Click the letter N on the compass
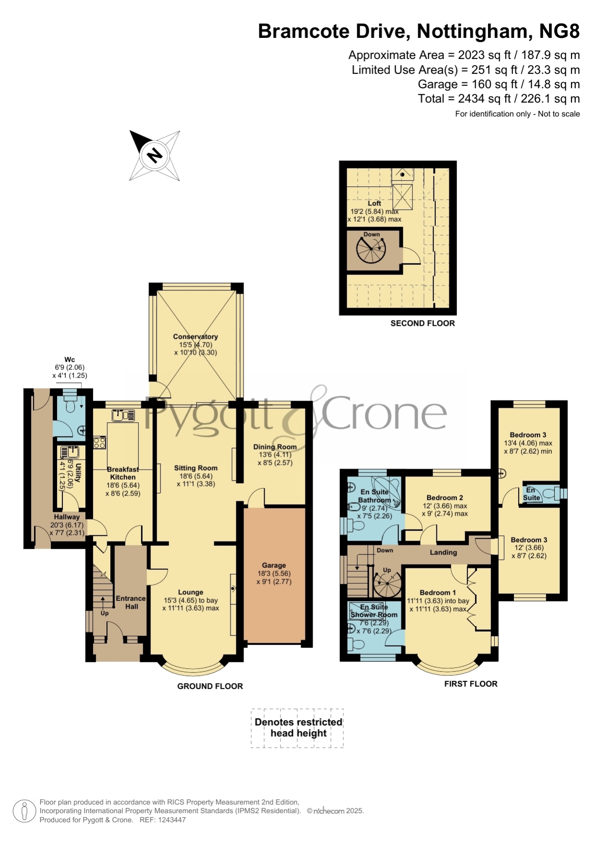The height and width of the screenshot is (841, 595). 154,155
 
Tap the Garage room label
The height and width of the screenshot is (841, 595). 274,565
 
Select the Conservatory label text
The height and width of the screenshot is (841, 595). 195,336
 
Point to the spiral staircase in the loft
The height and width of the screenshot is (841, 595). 371,250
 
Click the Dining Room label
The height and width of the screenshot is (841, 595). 275,447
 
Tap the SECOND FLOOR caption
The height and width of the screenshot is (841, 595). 422,323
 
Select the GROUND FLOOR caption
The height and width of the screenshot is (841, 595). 210,686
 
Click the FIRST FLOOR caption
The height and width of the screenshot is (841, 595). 470,683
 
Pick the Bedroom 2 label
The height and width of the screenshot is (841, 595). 444,497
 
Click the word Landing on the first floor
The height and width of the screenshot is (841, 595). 443,552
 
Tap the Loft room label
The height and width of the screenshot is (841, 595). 374,203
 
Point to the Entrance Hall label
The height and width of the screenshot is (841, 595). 131,602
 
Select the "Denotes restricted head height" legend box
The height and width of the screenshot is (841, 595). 297,728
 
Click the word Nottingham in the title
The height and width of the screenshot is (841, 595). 472,31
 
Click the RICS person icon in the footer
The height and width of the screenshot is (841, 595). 24,811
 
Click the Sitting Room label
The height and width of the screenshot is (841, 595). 196,468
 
